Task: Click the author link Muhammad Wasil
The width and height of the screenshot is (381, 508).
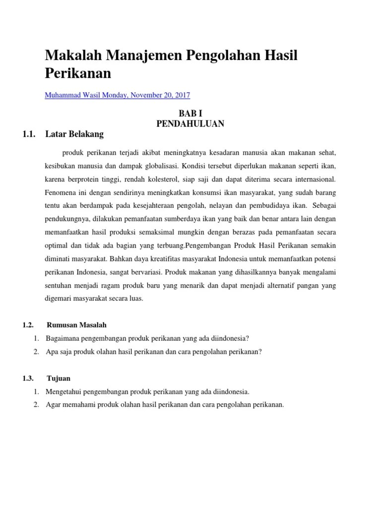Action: (72, 95)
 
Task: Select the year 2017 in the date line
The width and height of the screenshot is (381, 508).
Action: (182, 95)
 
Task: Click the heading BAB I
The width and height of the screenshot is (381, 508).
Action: (190, 114)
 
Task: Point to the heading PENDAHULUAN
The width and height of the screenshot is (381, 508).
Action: (190, 124)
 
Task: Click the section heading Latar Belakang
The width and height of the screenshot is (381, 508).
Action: (74, 133)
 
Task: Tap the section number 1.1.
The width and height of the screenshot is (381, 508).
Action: (30, 133)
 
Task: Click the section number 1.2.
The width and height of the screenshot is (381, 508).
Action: (28, 325)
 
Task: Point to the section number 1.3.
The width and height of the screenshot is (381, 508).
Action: (28, 378)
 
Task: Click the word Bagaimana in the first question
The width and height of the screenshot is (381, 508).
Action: (63, 338)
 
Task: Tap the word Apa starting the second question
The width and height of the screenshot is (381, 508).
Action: (52, 352)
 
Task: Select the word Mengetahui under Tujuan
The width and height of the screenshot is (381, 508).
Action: (64, 391)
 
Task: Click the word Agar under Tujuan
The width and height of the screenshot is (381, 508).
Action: (53, 404)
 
